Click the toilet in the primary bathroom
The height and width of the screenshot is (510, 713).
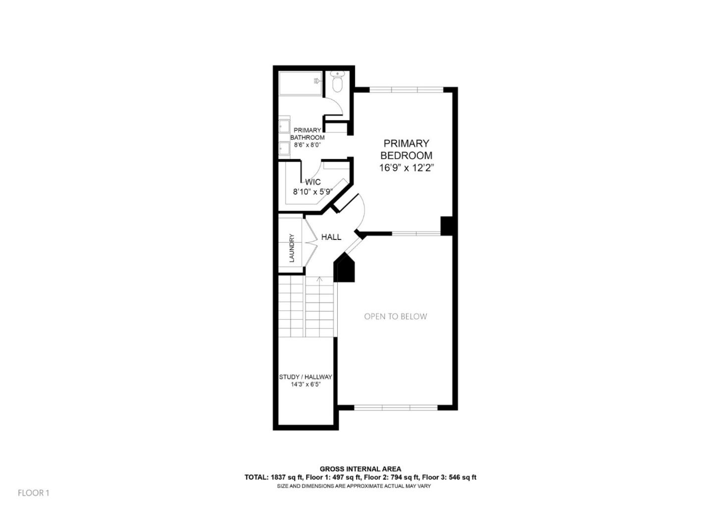[337, 83]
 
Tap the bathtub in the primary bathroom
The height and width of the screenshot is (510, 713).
[301, 83]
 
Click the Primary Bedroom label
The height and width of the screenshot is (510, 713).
[406, 149]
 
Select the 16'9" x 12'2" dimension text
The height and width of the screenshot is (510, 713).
[406, 168]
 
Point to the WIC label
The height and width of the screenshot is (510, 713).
[312, 182]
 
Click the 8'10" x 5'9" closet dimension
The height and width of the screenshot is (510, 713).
[312, 192]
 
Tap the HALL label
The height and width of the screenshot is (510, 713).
[331, 237]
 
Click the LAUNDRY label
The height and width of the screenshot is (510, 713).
[292, 248]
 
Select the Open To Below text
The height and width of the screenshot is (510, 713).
[395, 316]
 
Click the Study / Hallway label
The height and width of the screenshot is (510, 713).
[306, 377]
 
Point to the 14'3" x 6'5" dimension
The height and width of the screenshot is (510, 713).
[306, 385]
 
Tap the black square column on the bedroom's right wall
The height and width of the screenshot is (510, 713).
[447, 226]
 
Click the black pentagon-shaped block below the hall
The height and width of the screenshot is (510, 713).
[345, 270]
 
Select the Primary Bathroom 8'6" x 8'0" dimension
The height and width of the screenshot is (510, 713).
[307, 145]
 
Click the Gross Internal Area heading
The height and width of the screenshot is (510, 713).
[360, 469]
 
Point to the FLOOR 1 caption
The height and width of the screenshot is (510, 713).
[34, 493]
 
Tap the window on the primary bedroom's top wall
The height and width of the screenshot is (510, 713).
[406, 90]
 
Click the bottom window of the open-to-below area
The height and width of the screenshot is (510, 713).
[396, 408]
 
